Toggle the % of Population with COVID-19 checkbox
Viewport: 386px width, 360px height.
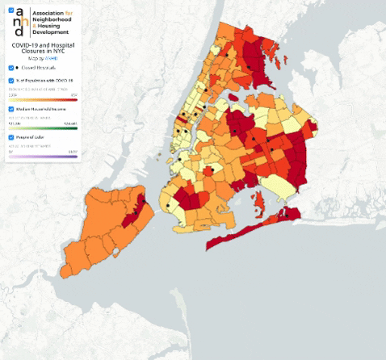point(10,81)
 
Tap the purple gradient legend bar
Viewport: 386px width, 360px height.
point(43,155)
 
